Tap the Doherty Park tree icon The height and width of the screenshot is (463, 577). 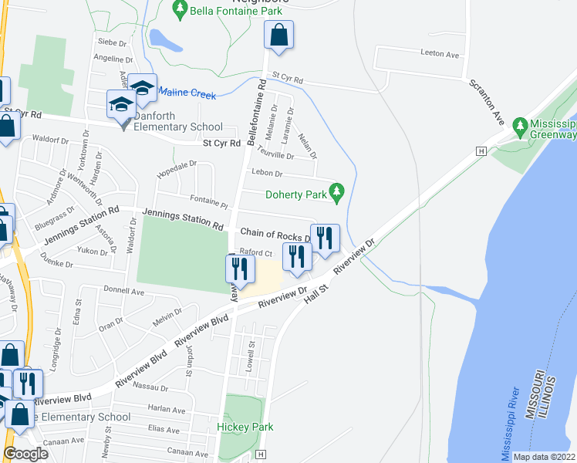click(x=336, y=190)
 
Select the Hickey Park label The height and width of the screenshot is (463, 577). click(x=245, y=427)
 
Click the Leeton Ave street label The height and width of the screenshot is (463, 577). click(x=440, y=55)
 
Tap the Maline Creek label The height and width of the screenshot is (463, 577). click(x=187, y=94)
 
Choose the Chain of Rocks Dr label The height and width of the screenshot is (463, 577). click(x=275, y=233)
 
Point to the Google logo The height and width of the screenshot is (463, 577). click(x=25, y=454)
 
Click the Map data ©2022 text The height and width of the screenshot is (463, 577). click(x=544, y=457)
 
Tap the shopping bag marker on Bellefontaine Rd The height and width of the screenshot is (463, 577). click(x=278, y=35)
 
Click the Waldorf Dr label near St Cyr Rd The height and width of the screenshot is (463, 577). click(x=50, y=140)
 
